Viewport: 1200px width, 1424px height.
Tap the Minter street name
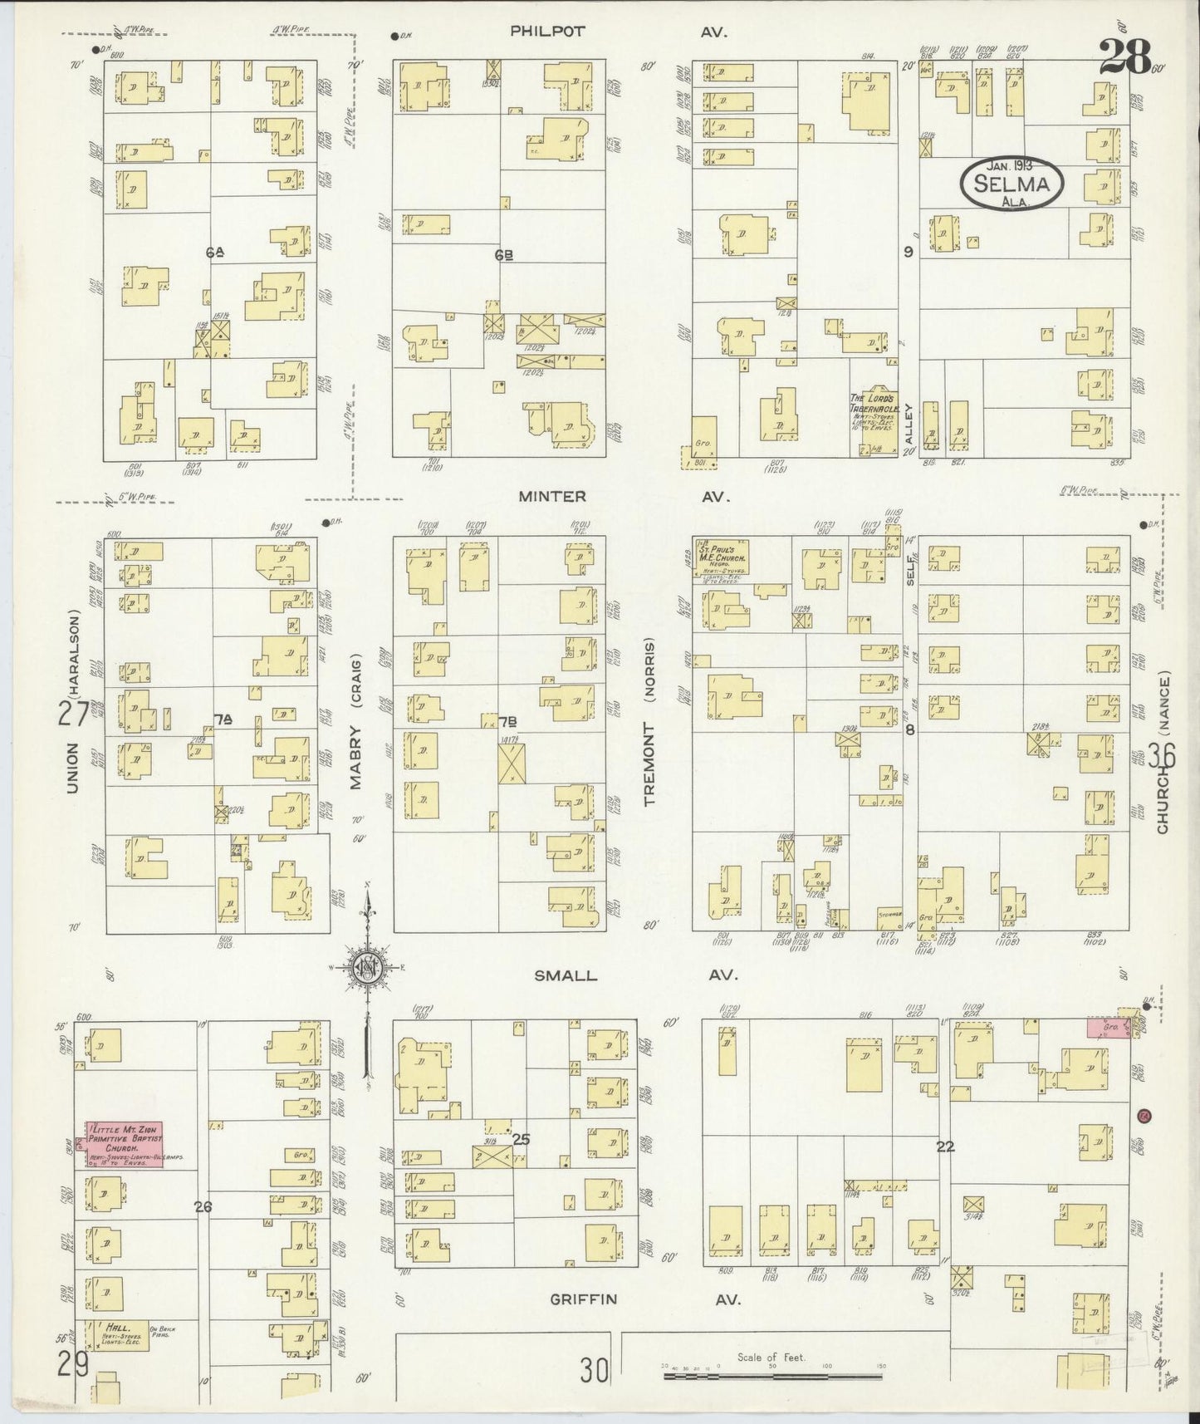click(551, 497)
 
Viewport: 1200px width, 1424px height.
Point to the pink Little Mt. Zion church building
click(125, 1144)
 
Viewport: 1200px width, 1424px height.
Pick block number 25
click(521, 1139)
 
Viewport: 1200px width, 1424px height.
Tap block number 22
click(945, 1147)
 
